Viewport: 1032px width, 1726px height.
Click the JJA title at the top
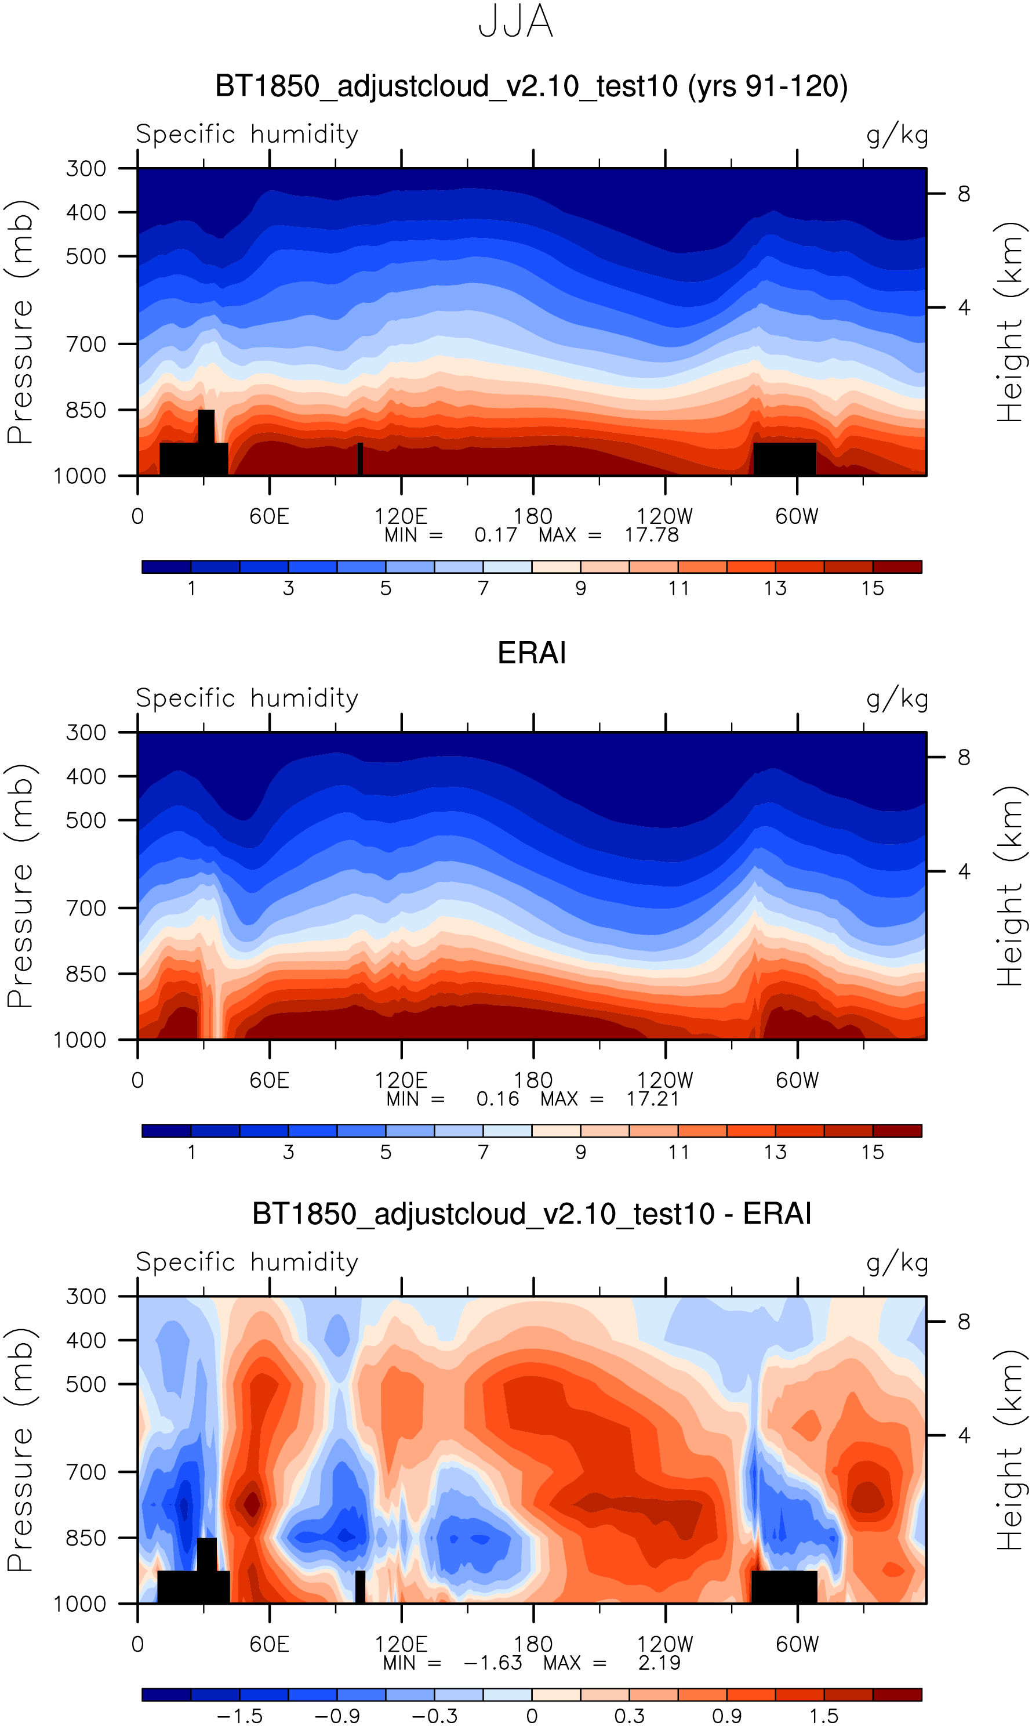(x=515, y=22)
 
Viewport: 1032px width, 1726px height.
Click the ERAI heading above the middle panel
(x=532, y=653)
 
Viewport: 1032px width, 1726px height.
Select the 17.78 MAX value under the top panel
(x=651, y=535)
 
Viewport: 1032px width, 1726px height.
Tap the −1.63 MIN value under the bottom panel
(x=492, y=1663)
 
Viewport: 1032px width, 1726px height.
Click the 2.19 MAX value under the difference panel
(x=659, y=1663)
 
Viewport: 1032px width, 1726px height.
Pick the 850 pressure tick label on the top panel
(x=86, y=410)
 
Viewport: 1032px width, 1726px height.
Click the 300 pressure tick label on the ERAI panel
(x=86, y=733)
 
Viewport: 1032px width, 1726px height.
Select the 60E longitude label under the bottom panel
(x=269, y=1645)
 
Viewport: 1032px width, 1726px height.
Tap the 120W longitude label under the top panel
(x=665, y=516)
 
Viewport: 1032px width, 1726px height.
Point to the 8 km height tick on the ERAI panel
(x=964, y=757)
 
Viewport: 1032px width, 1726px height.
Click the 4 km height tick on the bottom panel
(x=964, y=1435)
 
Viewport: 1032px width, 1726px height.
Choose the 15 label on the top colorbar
(x=872, y=588)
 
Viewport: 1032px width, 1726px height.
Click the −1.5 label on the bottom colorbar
(x=239, y=1716)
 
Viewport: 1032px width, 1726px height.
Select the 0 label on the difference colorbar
(x=532, y=1716)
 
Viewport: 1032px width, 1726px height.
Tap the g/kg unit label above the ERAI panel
(x=897, y=699)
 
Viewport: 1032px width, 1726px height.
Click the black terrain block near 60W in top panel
(x=784, y=458)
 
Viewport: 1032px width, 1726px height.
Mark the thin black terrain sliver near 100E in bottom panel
(x=360, y=1586)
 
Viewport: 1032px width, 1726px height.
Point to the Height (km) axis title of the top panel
(x=1011, y=322)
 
